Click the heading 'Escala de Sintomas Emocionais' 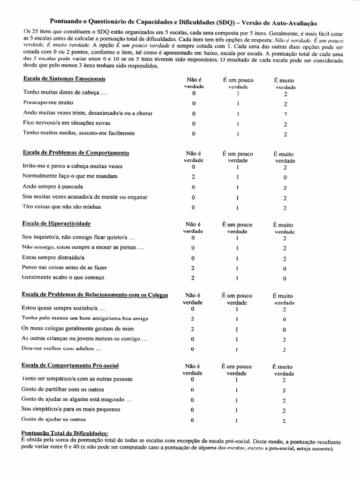pos(64,78)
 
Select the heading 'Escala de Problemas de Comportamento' pos(76,152)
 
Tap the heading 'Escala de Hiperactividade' pos(56,223)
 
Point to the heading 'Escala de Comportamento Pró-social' pos(70,365)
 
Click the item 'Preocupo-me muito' pos(48,102)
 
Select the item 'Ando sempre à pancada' pos(53,186)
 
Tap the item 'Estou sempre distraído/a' pos(52,257)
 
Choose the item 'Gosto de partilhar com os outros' pos(63,389)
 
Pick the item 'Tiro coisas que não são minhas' pos(61,206)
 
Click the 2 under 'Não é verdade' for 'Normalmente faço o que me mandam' pos(193,177)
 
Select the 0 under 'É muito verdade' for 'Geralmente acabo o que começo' pos(285,278)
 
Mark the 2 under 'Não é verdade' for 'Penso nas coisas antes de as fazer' pos(193,268)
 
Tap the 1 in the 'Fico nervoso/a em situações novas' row pos(238,124)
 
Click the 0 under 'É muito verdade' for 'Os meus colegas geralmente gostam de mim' pos(285,329)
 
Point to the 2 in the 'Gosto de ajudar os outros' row pos(285,420)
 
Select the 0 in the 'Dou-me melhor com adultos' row pos(193,349)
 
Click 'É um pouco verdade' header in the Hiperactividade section pos(238,227)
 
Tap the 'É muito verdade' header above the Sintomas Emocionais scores pos(285,83)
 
